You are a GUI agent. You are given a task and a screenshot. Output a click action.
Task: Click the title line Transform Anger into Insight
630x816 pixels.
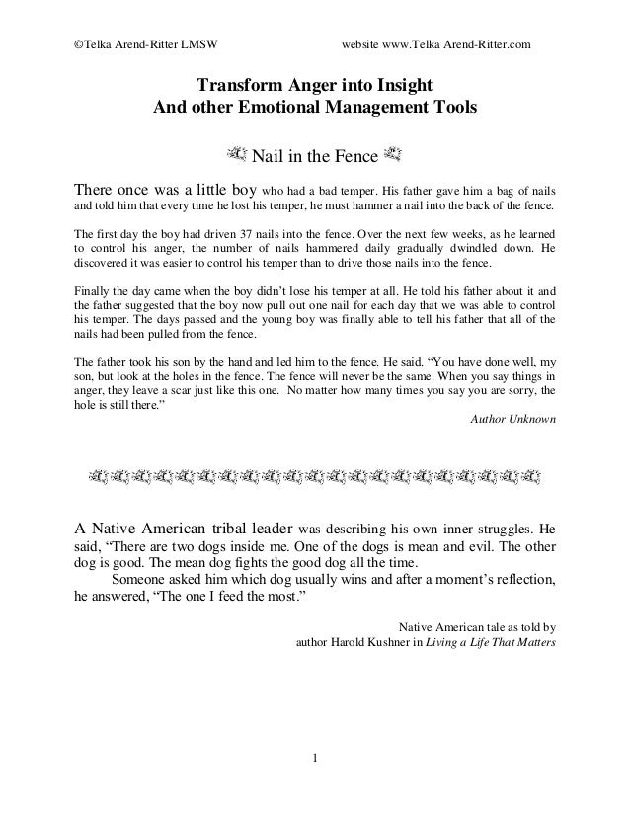coord(314,85)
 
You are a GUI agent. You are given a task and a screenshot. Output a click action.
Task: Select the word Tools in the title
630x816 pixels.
coord(450,108)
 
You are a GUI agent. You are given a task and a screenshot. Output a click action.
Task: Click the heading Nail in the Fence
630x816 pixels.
coord(313,156)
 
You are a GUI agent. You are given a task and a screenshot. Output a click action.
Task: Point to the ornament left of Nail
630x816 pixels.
coord(236,154)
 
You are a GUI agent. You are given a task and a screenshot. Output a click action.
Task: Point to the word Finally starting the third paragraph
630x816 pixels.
coord(94,291)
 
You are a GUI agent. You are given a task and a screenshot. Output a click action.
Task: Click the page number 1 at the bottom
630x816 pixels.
coord(315,759)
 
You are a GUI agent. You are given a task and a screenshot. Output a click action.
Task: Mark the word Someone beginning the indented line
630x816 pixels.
coord(146,579)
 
